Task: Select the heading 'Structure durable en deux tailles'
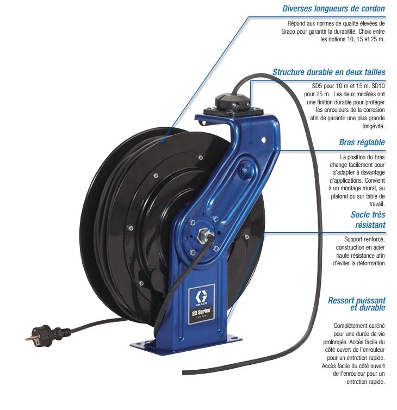point(328,72)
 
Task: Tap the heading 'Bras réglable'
point(362,142)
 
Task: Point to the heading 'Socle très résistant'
point(368,219)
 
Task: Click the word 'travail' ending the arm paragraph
point(375,204)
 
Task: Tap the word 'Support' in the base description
point(355,239)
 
